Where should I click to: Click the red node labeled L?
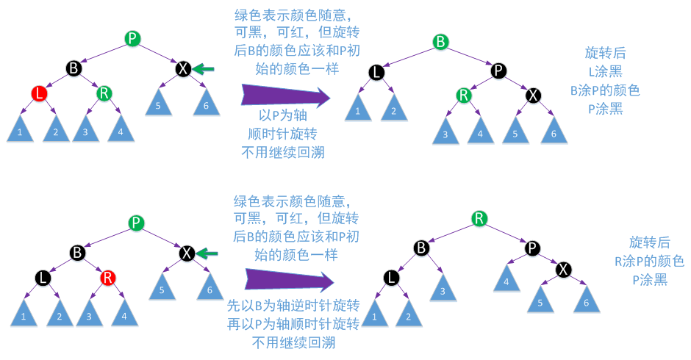tap(40, 93)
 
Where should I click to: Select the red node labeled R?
tap(108, 278)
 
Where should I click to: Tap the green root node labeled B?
tap(440, 41)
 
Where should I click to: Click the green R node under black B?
tap(104, 93)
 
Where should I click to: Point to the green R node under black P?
tap(463, 95)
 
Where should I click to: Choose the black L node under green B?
tap(376, 71)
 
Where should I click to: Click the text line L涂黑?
tap(606, 72)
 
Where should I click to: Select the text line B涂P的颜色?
tap(606, 91)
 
